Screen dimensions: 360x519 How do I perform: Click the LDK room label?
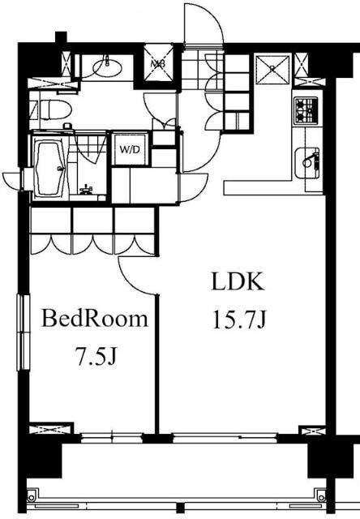click(x=238, y=282)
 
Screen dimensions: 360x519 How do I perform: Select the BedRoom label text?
click(x=94, y=319)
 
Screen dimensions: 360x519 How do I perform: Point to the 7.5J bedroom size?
click(x=96, y=356)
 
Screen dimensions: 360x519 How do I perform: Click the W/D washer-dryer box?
click(x=130, y=149)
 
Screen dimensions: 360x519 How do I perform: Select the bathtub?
click(x=49, y=168)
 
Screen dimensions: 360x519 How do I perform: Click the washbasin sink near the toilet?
click(x=107, y=67)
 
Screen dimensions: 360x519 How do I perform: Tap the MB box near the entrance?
click(x=158, y=63)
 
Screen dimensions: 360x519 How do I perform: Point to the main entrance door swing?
click(x=203, y=24)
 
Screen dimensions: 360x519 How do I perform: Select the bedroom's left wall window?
click(x=24, y=332)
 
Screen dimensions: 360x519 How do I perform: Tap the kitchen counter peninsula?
click(x=274, y=187)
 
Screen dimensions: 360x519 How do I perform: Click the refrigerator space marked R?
click(x=272, y=69)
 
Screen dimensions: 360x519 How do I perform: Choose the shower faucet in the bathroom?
click(x=85, y=189)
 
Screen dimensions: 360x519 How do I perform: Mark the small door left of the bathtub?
click(x=13, y=180)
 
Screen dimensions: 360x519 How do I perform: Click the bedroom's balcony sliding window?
click(x=112, y=438)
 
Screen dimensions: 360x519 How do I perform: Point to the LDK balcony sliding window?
click(x=225, y=438)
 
